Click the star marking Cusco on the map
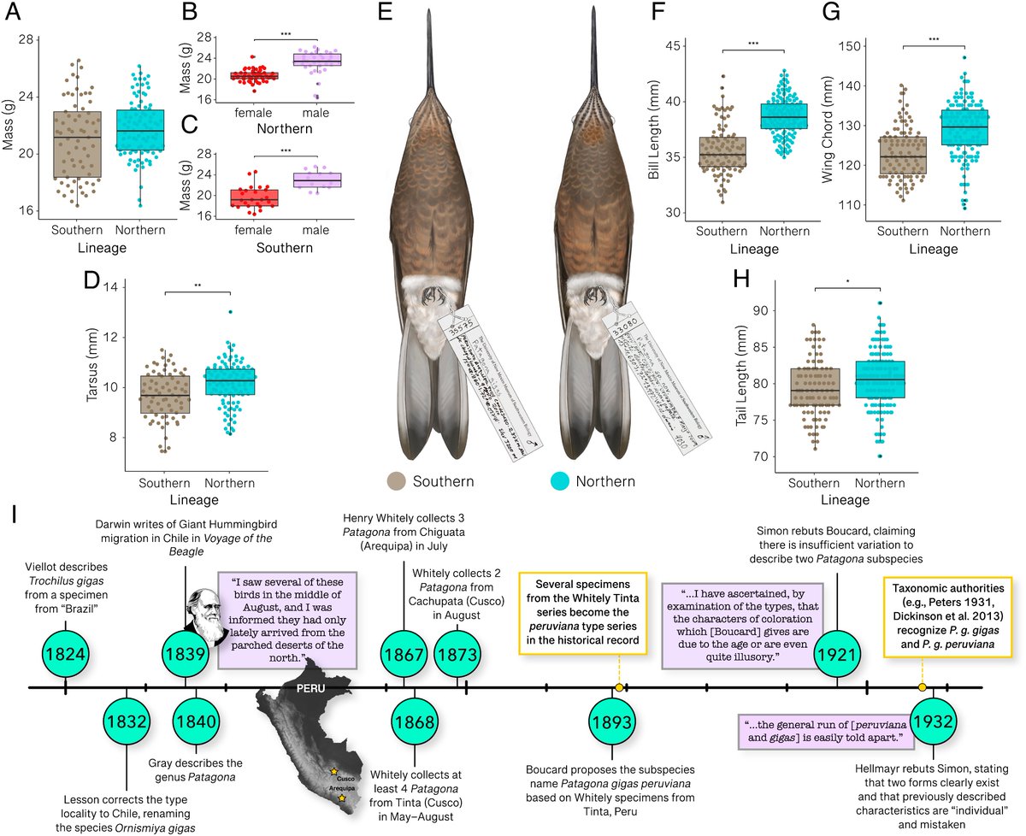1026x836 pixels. [333, 772]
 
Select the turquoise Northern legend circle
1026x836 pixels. [558, 481]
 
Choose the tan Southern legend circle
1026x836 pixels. [397, 481]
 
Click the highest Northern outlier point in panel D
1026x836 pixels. [230, 312]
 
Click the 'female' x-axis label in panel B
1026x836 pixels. [225, 113]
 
